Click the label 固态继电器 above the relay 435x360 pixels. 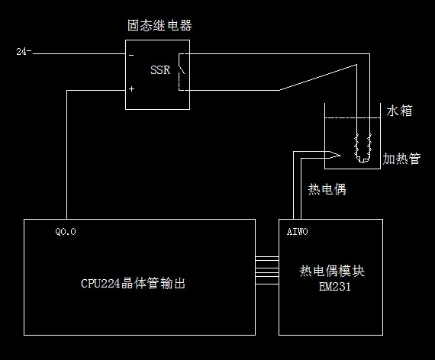159,25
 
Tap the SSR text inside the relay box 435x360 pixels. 160,70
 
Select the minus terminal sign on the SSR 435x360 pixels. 131,56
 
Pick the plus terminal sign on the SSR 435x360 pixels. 131,88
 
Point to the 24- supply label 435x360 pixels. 24,52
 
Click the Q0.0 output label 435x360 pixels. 66,232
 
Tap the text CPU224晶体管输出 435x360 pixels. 133,283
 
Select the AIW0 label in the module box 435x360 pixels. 297,232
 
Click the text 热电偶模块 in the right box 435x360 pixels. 332,271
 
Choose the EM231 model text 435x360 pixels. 334,287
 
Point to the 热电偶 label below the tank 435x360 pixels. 327,190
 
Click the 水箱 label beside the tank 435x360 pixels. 399,111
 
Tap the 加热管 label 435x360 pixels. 401,159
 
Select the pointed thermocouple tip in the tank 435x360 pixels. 340,155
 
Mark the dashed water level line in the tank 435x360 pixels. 353,118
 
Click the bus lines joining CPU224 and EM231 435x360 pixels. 267,271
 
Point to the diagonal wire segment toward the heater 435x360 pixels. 318,77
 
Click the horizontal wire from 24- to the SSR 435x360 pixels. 79,53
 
